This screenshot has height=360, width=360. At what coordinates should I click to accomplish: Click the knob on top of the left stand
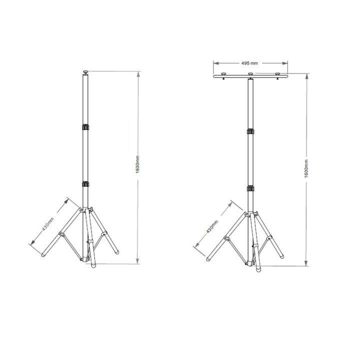tap(85, 73)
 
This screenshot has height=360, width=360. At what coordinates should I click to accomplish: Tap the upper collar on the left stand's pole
tap(85, 128)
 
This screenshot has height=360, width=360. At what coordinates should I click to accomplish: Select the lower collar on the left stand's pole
tap(85, 185)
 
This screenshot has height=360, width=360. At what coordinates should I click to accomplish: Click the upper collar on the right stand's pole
tap(250, 132)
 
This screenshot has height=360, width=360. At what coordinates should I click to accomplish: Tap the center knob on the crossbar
tap(250, 75)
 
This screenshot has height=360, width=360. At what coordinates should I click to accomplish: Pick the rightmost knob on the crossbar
tap(278, 75)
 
